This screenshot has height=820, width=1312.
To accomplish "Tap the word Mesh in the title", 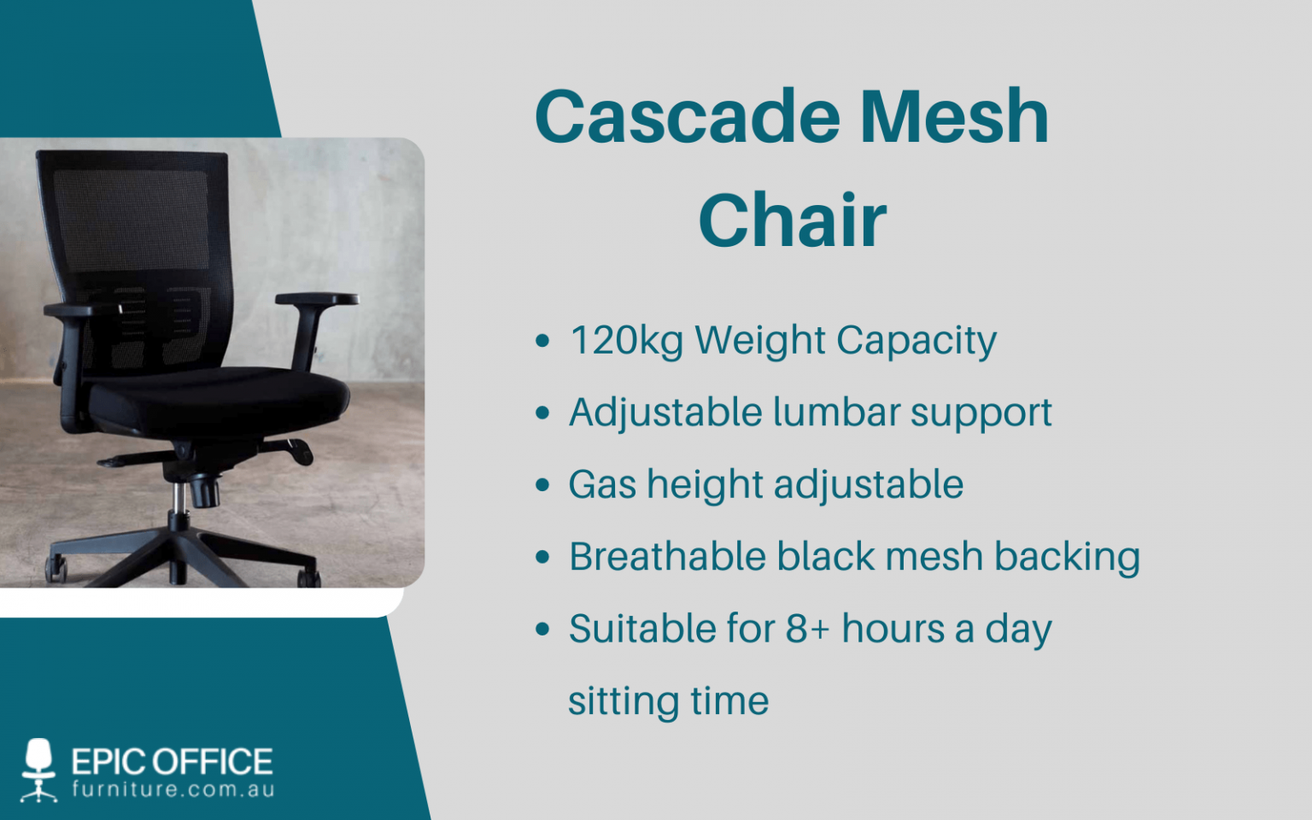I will click(953, 117).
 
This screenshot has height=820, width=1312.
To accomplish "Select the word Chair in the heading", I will click(792, 221).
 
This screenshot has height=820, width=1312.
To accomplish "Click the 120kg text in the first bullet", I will click(626, 341).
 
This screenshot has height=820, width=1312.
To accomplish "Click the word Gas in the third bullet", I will click(602, 484).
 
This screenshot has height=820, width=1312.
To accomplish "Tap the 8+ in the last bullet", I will click(806, 630).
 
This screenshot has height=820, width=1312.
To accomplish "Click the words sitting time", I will click(668, 701).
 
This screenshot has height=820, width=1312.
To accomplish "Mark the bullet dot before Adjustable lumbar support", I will click(542, 413).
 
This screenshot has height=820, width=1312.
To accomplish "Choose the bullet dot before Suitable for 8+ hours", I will click(542, 630).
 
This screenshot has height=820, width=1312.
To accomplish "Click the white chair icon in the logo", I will click(38, 769).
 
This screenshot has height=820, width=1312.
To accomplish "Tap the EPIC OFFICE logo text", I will click(172, 761).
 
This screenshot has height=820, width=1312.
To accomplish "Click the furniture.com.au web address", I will click(173, 789).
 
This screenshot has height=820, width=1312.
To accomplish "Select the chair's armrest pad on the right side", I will click(317, 299).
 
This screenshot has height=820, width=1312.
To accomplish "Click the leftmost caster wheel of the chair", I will click(56, 570).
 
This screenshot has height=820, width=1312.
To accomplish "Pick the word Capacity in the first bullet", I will click(916, 341).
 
